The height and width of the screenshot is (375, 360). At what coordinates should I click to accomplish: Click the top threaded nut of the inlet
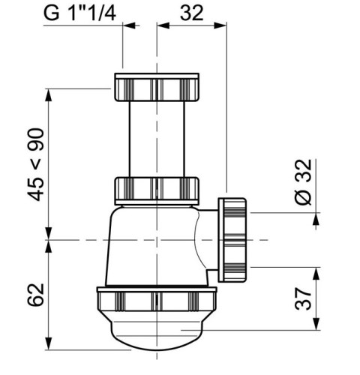pyautogui.click(x=157, y=88)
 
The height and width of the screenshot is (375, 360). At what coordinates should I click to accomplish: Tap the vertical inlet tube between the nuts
pyautogui.click(x=157, y=139)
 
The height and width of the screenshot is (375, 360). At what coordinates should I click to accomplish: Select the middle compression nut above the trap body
pyautogui.click(x=157, y=190)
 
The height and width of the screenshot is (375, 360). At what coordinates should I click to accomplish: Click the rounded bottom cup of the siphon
pyautogui.click(x=157, y=337)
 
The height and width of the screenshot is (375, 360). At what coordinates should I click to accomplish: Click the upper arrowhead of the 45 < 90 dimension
pyautogui.click(x=49, y=94)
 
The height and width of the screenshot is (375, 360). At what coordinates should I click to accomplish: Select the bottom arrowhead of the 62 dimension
pyautogui.click(x=49, y=346)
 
